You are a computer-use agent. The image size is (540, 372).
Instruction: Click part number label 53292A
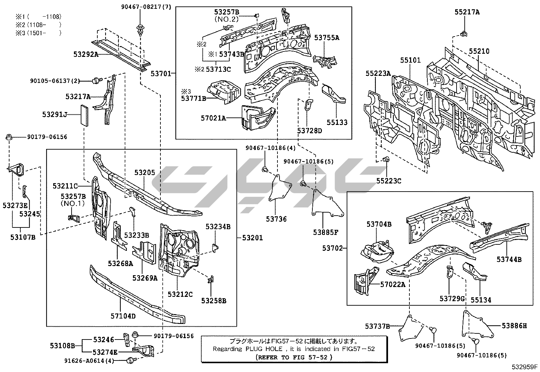pyautogui.click(x=85, y=54)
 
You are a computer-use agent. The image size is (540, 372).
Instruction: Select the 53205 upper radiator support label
pyautogui.click(x=144, y=173)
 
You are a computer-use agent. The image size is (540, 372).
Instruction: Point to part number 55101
pyautogui.click(x=410, y=60)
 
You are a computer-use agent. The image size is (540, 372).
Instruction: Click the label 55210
pyautogui.click(x=479, y=51)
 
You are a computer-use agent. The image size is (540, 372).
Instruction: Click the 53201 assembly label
pyautogui.click(x=252, y=238)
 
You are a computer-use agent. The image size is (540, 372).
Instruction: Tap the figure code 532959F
pyautogui.click(x=525, y=367)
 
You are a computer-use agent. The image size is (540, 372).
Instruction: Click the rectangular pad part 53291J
pyautogui.click(x=84, y=115)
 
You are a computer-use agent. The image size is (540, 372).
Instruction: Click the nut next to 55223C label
pyautogui.click(x=385, y=159)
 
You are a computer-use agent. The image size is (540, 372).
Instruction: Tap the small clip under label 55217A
pyautogui.click(x=463, y=33)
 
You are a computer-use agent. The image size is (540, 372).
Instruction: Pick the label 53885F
pyautogui.click(x=325, y=232)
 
